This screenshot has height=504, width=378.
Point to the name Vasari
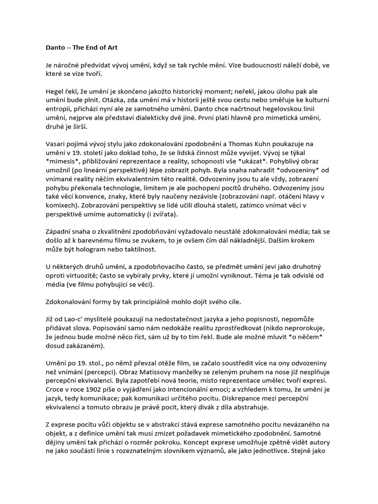(x=50, y=144)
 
